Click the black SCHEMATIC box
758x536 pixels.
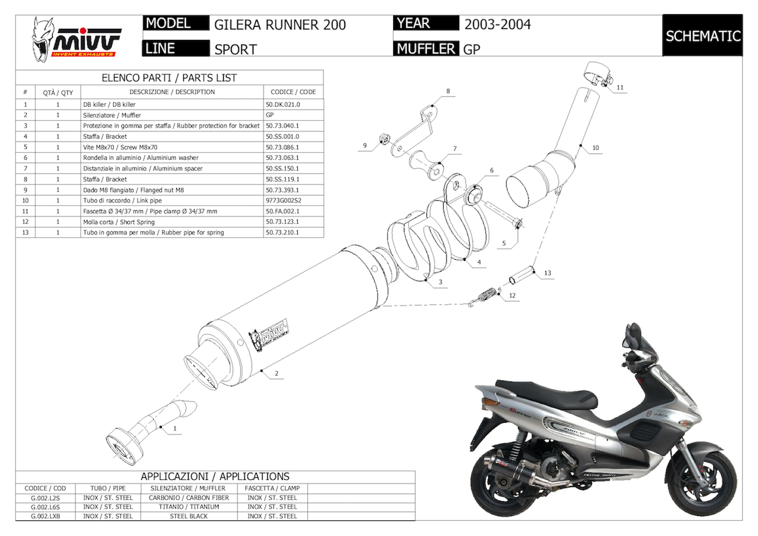[x=703, y=36]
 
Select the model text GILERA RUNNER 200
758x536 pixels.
[x=280, y=25]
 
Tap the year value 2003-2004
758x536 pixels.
[x=498, y=25]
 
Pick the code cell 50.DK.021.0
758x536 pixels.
[x=283, y=104]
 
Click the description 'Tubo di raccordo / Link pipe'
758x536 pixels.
[x=122, y=201]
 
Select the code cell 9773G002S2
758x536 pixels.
[x=284, y=201]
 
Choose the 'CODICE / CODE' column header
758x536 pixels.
[x=293, y=92]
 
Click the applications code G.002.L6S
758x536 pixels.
[x=45, y=507]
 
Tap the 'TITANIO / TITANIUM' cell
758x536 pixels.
[x=189, y=507]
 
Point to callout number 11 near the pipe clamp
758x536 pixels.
[x=620, y=87]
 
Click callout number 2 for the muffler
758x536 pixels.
[x=276, y=374]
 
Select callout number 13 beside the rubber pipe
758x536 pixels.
[x=547, y=273]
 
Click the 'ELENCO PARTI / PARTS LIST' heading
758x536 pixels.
[x=169, y=78]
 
